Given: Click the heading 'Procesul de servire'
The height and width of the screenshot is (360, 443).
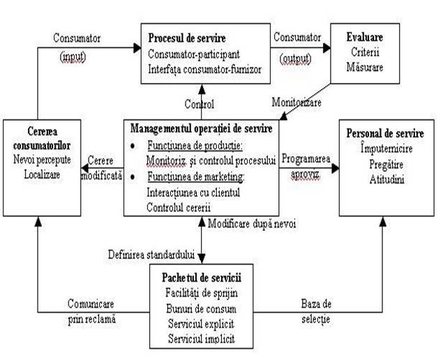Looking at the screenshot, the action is click(x=187, y=38).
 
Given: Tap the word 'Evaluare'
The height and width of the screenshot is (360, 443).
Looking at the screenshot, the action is click(x=365, y=37).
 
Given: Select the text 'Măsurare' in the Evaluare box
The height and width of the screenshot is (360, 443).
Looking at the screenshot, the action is click(x=365, y=67).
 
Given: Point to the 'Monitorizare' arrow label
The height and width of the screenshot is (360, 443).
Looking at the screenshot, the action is click(x=296, y=102).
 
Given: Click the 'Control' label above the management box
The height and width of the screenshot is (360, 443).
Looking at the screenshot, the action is click(x=200, y=104).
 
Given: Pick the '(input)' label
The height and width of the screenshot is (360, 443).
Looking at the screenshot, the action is click(x=73, y=57).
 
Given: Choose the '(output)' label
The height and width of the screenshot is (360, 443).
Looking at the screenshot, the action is click(x=296, y=59).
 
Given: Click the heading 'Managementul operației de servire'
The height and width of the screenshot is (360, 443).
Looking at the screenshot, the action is click(x=201, y=128).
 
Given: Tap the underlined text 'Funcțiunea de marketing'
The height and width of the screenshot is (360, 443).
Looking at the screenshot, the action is click(x=195, y=177).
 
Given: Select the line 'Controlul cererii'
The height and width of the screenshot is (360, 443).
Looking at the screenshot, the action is click(x=179, y=208).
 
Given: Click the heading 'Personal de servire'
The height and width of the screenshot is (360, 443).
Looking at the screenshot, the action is click(x=385, y=133).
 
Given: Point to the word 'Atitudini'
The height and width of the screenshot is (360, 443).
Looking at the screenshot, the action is click(x=386, y=179).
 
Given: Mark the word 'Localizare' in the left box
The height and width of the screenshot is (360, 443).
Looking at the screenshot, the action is click(x=42, y=174).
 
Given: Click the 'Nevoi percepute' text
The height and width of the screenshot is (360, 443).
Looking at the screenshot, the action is click(x=42, y=160).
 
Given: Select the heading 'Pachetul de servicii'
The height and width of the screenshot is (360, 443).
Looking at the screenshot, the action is click(x=202, y=278).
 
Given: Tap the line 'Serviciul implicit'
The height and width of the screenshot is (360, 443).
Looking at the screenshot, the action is click(x=202, y=338).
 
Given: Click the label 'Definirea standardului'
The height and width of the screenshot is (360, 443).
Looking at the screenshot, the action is click(x=151, y=255).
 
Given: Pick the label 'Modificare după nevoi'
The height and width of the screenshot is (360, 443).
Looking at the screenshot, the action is click(x=252, y=224).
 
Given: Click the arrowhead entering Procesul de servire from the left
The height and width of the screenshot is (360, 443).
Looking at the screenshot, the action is click(x=137, y=47).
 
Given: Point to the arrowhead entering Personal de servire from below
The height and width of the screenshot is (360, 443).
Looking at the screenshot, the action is click(x=383, y=222).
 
